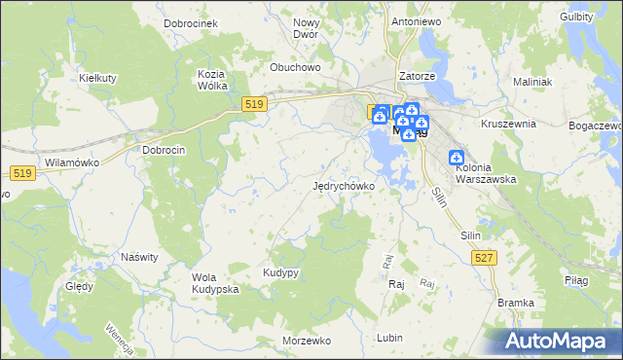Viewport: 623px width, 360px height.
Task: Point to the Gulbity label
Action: click(576, 18)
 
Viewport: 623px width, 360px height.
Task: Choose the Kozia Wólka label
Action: click(211, 80)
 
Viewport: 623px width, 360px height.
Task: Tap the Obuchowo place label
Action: click(296, 67)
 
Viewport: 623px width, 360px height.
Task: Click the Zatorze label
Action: click(416, 76)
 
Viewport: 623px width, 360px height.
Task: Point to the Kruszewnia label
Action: click(509, 125)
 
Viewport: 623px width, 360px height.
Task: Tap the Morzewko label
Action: click(307, 341)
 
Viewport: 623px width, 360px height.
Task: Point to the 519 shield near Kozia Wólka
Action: click(255, 104)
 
